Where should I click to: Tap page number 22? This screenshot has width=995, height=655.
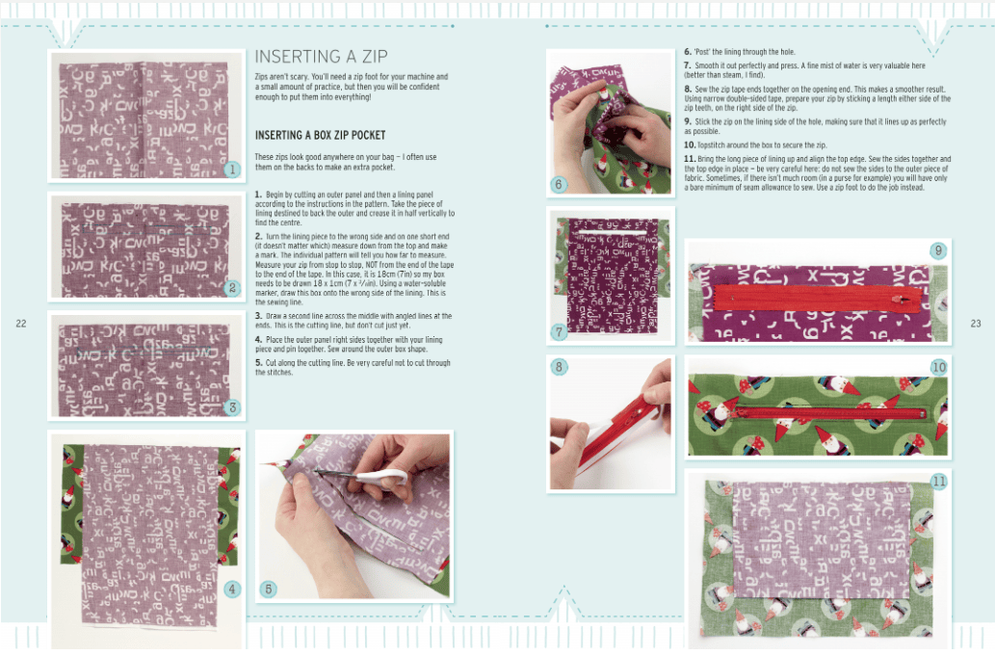pyautogui.click(x=21, y=324)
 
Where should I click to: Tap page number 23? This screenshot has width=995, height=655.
pyautogui.click(x=975, y=324)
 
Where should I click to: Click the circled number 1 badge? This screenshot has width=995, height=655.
pyautogui.click(x=231, y=170)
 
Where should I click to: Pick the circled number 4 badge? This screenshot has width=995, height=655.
pyautogui.click(x=231, y=588)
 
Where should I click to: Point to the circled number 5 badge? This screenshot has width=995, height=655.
pyautogui.click(x=269, y=588)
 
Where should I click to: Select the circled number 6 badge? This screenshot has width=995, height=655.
pyautogui.click(x=560, y=183)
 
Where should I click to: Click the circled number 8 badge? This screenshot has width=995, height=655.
pyautogui.click(x=560, y=366)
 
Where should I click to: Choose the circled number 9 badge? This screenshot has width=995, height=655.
pyautogui.click(x=938, y=250)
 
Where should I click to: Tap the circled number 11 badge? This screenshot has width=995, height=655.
pyautogui.click(x=938, y=480)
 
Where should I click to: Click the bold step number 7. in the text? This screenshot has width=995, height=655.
pyautogui.click(x=688, y=64)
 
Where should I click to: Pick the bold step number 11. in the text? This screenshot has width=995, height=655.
pyautogui.click(x=690, y=158)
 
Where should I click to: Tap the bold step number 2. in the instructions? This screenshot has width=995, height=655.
pyautogui.click(x=258, y=235)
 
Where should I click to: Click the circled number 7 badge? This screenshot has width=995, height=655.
pyautogui.click(x=560, y=332)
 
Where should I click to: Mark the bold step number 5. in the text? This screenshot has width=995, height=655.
pyautogui.click(x=258, y=363)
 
